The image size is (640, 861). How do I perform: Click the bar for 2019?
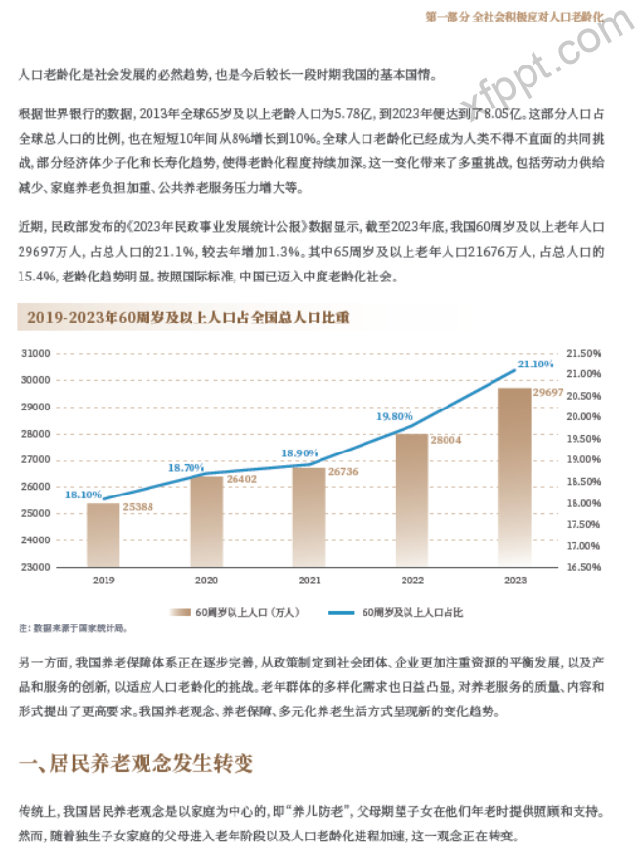coord(103,534)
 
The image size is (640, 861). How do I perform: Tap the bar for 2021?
coord(309,516)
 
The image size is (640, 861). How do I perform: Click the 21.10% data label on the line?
coord(534,364)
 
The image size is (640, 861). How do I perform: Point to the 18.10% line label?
coord(83,495)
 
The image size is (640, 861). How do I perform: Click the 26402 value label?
coord(240,479)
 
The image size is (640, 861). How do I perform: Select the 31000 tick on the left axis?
coord(63,353)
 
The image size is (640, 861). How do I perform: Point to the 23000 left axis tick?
coord(63,566)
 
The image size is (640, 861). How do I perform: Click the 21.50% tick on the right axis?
coord(583,353)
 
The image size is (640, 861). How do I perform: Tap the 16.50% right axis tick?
coord(583,566)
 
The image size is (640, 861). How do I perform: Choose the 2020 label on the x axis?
coord(206,581)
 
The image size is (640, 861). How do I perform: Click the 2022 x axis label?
coord(412,581)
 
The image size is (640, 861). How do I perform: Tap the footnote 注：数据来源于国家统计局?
coord(72,628)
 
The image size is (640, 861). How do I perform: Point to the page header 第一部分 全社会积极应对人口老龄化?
coord(516,17)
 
